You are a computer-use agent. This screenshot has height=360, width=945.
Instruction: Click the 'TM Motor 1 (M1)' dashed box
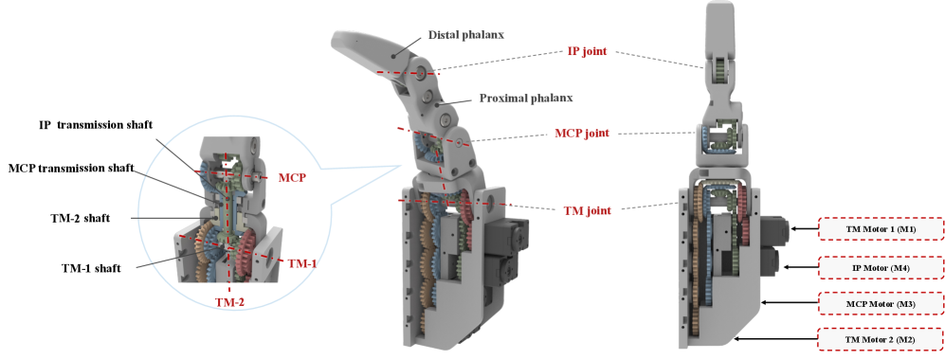tap(880, 229)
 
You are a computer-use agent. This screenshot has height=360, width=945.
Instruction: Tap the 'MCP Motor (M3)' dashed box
tap(880, 304)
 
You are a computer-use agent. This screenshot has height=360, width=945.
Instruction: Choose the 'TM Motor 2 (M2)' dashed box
tap(880, 339)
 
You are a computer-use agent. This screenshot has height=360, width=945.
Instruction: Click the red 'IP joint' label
tap(587, 52)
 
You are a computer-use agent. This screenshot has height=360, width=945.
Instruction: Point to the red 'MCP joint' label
tap(582, 133)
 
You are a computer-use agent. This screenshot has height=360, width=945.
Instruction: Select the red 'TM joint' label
tap(587, 210)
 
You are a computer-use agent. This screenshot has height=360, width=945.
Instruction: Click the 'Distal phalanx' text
tap(466, 35)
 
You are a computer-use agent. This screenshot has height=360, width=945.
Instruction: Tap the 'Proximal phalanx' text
tap(525, 98)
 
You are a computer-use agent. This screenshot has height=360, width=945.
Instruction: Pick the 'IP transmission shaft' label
tap(95, 125)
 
